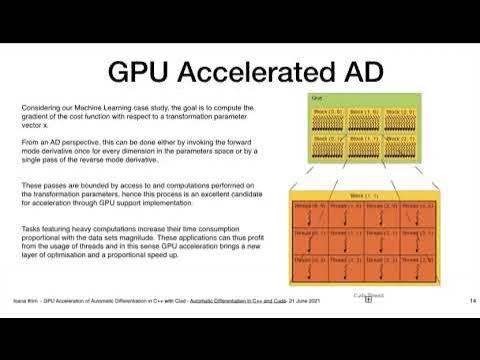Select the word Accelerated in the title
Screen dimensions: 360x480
[x=248, y=72]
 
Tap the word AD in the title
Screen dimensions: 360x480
[x=351, y=72]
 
